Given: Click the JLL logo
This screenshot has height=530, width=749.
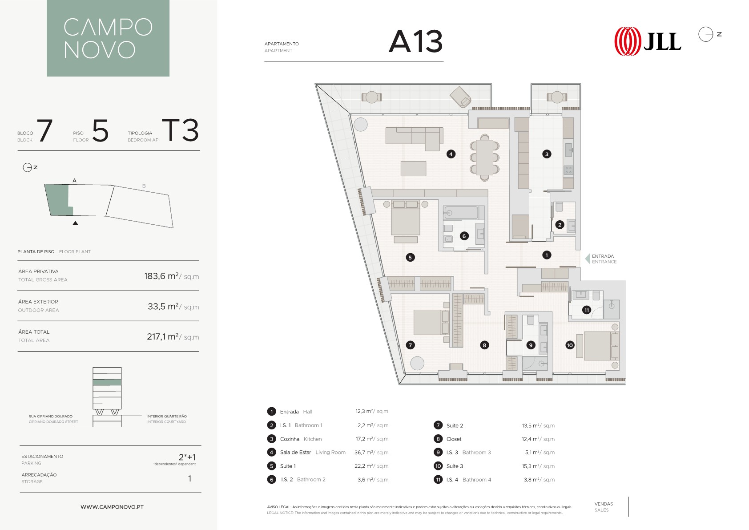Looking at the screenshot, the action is pyautogui.click(x=648, y=41).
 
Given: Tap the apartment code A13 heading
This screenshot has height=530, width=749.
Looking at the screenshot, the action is pyautogui.click(x=415, y=41).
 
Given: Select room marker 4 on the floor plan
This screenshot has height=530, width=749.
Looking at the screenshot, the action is pyautogui.click(x=451, y=154).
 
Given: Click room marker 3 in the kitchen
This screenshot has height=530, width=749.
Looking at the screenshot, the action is pyautogui.click(x=547, y=154).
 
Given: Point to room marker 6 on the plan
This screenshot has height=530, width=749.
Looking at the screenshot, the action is pyautogui.click(x=464, y=236).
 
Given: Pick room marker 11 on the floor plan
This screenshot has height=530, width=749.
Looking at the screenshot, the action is pyautogui.click(x=587, y=310).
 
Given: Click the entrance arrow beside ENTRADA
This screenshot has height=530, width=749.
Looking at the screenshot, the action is pyautogui.click(x=588, y=259).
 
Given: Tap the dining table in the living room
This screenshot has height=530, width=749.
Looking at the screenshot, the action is pyautogui.click(x=484, y=157).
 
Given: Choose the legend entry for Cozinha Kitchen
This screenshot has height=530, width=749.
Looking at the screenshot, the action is pyautogui.click(x=301, y=439).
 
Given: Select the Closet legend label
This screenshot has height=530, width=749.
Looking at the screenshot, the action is pyautogui.click(x=454, y=439).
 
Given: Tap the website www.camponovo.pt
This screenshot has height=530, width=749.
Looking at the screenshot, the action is pyautogui.click(x=112, y=507).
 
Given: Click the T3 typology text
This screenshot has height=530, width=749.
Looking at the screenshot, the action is pyautogui.click(x=181, y=130).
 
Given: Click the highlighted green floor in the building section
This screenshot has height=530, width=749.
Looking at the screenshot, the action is pyautogui.click(x=107, y=382).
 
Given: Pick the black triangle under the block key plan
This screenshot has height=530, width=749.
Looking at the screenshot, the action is pyautogui.click(x=75, y=223).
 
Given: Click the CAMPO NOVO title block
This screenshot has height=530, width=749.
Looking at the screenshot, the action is pyautogui.click(x=108, y=38).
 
